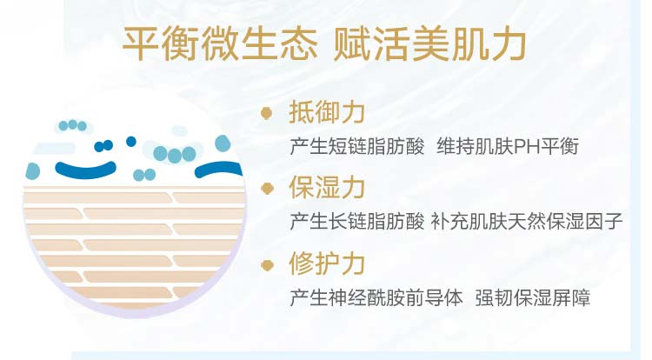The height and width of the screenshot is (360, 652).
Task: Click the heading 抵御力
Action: (327, 112)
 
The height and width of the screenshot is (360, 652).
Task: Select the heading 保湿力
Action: (327, 188)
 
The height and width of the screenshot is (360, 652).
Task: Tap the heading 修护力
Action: (327, 263)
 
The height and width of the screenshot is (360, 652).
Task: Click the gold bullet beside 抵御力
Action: (267, 113)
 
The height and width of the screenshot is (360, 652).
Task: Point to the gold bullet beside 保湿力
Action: (267, 189)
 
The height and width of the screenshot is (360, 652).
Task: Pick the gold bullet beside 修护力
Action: (267, 265)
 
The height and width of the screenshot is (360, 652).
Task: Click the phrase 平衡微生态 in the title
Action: (221, 43)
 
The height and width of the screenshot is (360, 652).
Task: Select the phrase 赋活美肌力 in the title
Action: (430, 43)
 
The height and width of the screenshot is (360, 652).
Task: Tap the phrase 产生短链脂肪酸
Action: (357, 147)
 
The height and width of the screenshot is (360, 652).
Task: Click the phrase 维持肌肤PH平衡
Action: (508, 147)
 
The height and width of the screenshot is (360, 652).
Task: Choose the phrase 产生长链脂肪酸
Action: (357, 221)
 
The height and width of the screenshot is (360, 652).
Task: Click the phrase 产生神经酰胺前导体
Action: (376, 298)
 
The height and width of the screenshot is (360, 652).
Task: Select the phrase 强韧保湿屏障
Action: (533, 298)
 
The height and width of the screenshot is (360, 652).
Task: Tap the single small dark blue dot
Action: (131, 142)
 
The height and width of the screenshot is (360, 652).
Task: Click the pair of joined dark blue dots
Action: (103, 145)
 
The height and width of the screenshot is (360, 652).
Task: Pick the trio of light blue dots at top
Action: (73, 125)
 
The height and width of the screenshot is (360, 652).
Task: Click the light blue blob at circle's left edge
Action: (32, 171)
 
